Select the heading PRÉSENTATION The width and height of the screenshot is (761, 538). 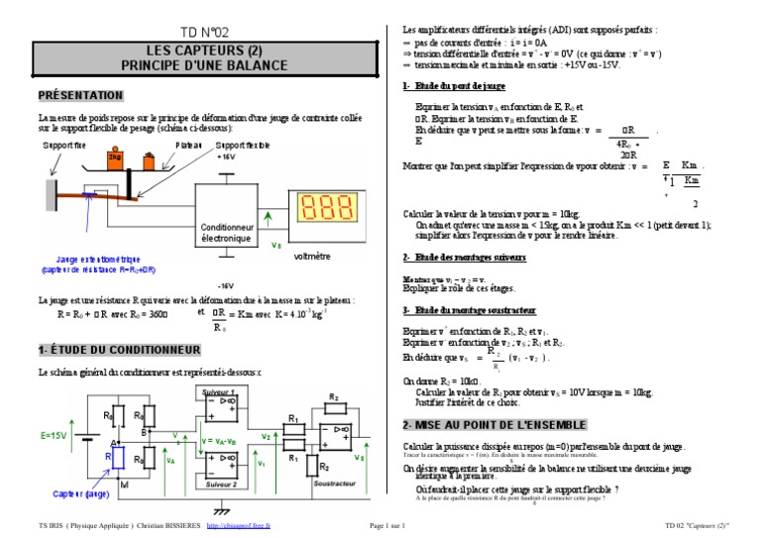[x=80, y=95]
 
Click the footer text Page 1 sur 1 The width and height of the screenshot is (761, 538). [x=387, y=525]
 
